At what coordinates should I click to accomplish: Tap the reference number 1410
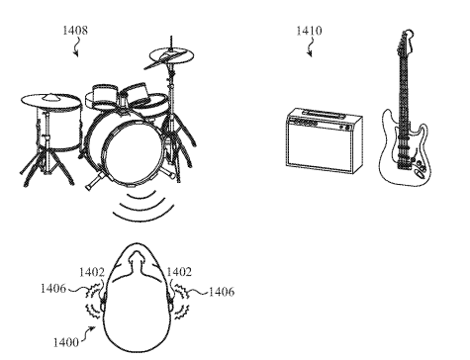click(309, 31)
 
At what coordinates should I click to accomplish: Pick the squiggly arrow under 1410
click(308, 47)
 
